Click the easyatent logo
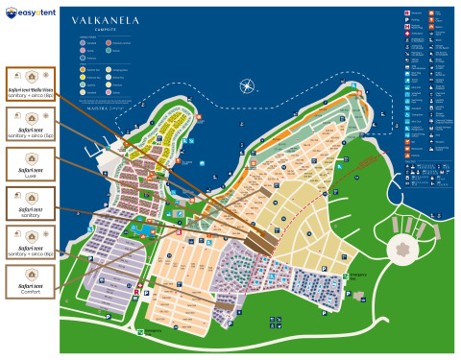tap(30, 13)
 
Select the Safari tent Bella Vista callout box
tap(30, 84)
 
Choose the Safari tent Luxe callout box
tap(30, 162)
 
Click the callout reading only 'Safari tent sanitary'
tap(30, 203)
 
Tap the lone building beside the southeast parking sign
tap(359, 296)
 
